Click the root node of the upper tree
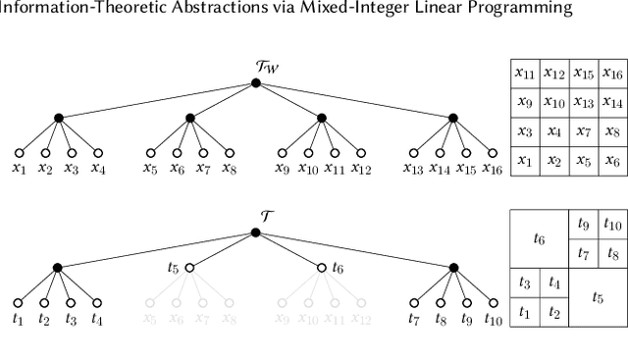click(255, 83)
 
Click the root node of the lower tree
click(255, 232)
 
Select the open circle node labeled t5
click(189, 267)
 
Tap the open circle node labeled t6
click(322, 267)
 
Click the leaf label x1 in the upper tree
click(18, 169)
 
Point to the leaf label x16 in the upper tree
click(494, 169)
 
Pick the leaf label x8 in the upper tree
click(230, 169)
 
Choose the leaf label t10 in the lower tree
click(494, 319)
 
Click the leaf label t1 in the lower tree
click(18, 319)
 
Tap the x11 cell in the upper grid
click(526, 73)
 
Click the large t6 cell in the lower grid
click(540, 237)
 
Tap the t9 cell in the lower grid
click(583, 223)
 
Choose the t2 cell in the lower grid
click(554, 312)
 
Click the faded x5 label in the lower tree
click(150, 319)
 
